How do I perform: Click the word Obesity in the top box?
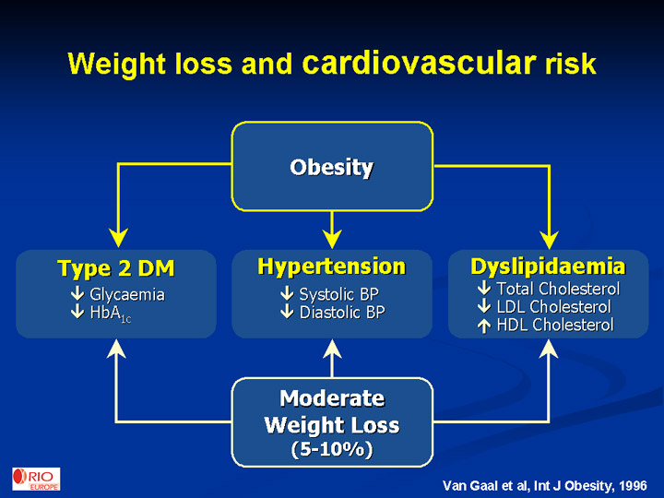tap(332, 168)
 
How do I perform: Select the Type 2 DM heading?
tap(116, 268)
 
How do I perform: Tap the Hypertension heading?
tap(332, 267)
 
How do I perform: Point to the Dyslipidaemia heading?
tap(548, 267)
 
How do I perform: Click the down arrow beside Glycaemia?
tap(77, 294)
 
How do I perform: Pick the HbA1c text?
tap(111, 314)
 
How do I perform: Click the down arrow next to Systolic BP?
tap(287, 293)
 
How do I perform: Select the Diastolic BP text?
tap(342, 313)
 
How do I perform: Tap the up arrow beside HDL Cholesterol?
tap(484, 326)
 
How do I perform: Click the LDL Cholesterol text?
tap(554, 306)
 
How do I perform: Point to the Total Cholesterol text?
tap(558, 289)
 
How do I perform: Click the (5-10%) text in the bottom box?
tap(332, 449)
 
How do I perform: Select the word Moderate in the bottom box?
tap(332, 398)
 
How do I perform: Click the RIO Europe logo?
tap(36, 479)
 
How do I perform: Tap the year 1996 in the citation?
tap(633, 486)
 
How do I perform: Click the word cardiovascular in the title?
tap(420, 64)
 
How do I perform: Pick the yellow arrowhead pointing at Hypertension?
tap(332, 239)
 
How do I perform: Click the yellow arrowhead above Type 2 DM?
tap(119, 239)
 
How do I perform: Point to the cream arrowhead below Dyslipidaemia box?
tap(549, 349)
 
